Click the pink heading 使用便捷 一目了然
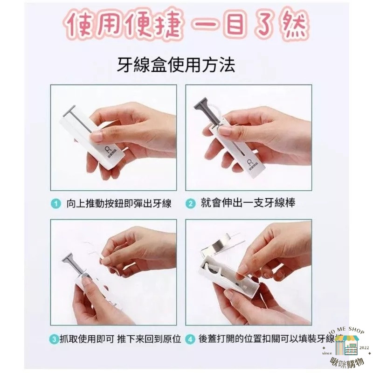(x=186, y=27)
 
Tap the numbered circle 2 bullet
(x=191, y=203)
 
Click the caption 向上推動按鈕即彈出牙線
(x=119, y=203)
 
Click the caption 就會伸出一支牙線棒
(x=248, y=203)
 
